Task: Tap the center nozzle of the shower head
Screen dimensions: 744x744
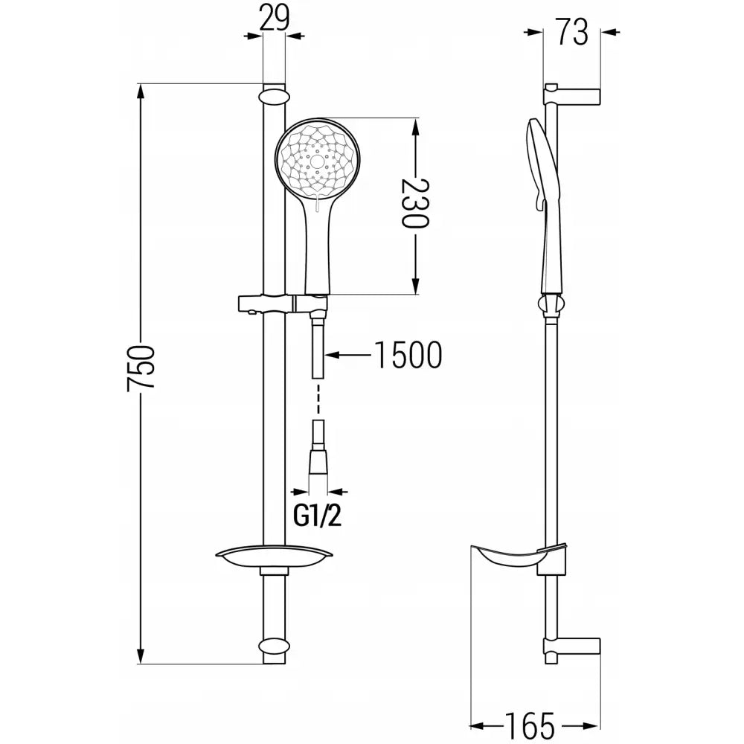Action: tap(318, 160)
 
